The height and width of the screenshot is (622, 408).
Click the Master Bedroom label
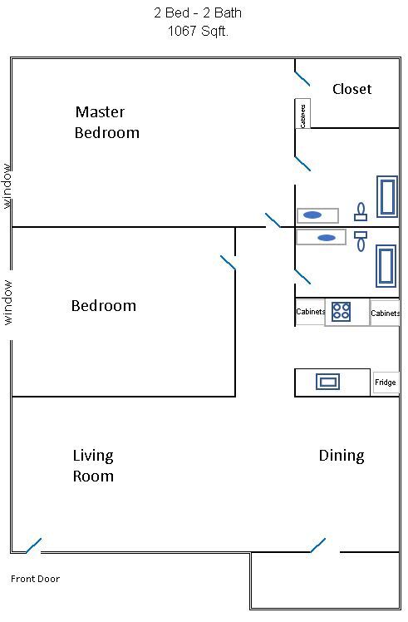coord(107,122)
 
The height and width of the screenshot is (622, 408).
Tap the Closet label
coord(352,89)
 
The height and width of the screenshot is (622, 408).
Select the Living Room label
coord(93,466)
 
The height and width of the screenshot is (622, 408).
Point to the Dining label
coord(342,456)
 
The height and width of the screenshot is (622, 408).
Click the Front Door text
coord(35,579)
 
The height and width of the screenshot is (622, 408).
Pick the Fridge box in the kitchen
coord(386,383)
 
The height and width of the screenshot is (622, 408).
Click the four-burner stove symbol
coord(341,312)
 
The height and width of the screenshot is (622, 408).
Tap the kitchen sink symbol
coord(328,382)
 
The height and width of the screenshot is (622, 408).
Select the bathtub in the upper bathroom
coord(387,196)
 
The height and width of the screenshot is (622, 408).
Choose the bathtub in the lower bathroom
coord(386,266)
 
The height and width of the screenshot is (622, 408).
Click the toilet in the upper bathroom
coord(361,212)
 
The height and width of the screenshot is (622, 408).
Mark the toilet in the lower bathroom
coord(361,242)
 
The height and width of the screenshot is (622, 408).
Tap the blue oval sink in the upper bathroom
coord(312,215)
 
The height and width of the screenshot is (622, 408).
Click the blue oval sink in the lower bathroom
coord(327,238)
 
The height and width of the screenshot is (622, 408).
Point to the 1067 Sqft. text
coord(198,31)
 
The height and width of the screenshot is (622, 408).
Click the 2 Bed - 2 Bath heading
coord(198,12)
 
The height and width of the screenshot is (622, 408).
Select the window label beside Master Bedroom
coord(7,186)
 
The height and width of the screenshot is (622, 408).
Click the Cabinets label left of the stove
coord(311,312)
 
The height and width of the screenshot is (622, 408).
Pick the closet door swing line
coord(302,78)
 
